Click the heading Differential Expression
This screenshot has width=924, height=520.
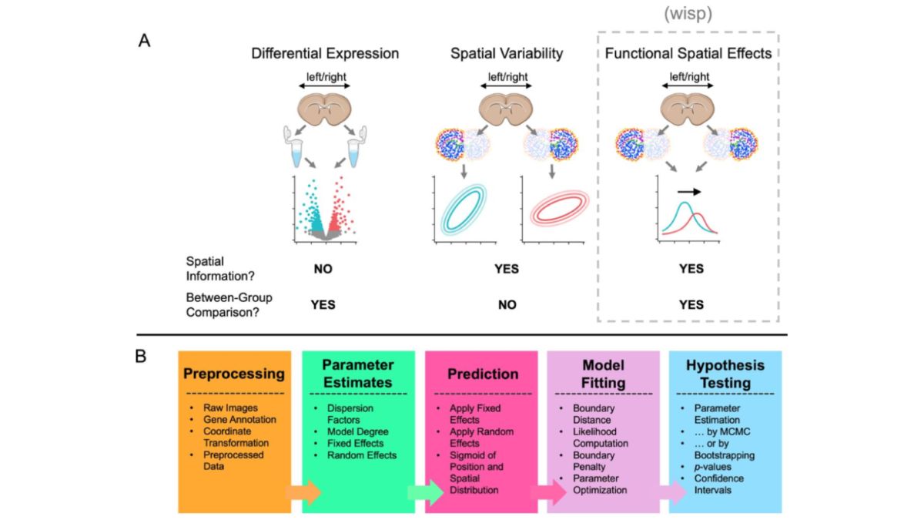tap(324, 54)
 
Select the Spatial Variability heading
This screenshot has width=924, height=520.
tap(507, 54)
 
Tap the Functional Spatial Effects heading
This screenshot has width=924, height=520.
tap(688, 54)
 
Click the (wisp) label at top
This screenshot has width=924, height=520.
tap(687, 13)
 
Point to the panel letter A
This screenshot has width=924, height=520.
tap(143, 41)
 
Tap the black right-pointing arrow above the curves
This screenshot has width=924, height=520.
tap(690, 190)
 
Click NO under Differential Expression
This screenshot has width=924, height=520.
tap(323, 269)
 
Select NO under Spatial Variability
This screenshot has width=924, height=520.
tap(507, 304)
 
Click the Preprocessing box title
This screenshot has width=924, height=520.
tap(234, 374)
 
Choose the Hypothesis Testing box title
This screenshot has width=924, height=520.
tap(725, 374)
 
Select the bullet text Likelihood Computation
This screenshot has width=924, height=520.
tap(601, 438)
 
